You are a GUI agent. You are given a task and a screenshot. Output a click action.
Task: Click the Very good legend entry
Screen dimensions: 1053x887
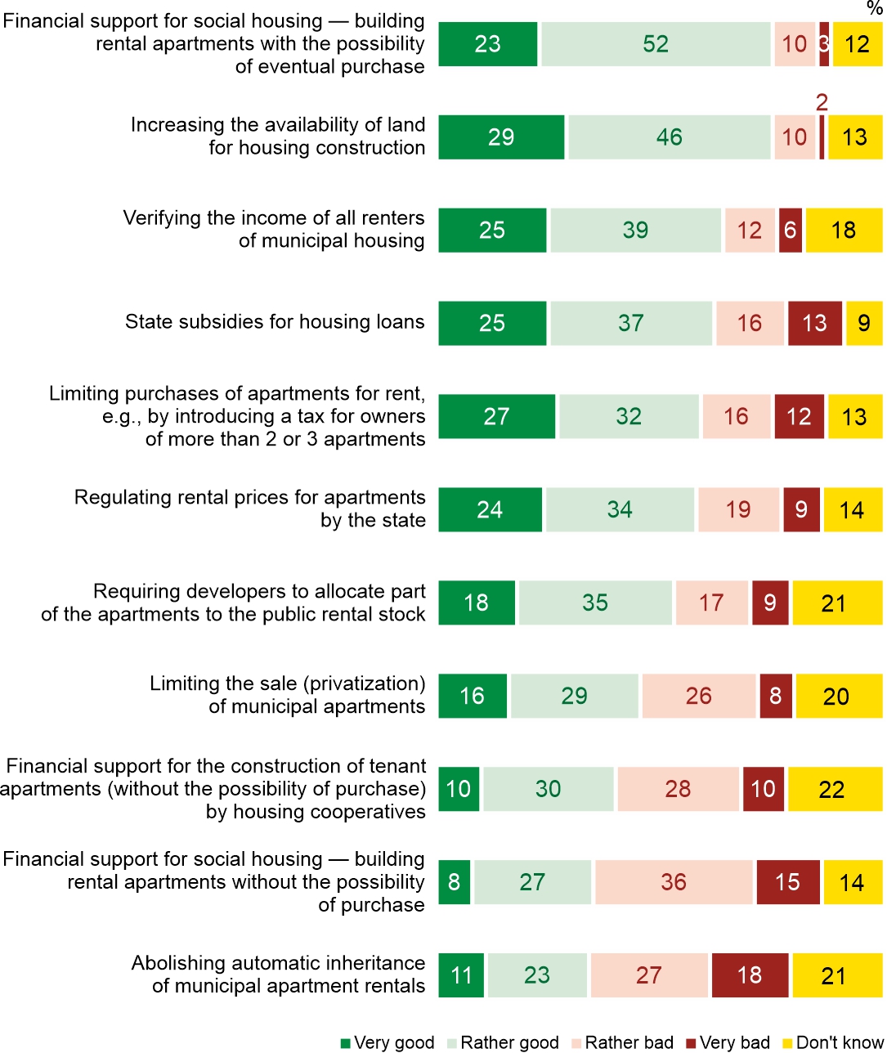388,1042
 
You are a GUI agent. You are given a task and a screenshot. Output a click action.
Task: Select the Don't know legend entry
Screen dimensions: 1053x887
832,1042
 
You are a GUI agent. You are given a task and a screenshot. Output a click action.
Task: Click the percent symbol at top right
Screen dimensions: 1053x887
874,8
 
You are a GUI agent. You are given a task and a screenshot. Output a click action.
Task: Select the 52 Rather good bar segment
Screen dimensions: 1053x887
656,44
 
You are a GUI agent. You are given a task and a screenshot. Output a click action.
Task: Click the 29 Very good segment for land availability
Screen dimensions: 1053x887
501,137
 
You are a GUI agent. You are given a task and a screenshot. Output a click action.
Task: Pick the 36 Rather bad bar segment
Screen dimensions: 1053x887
674,882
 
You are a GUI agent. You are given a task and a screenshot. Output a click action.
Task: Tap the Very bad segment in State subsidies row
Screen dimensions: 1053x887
814,323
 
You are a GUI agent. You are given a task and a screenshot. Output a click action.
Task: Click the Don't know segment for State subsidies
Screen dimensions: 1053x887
864,323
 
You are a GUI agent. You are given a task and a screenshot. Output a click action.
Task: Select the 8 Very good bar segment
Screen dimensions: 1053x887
455,882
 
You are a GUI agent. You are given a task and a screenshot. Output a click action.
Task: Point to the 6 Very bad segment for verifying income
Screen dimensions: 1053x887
790,231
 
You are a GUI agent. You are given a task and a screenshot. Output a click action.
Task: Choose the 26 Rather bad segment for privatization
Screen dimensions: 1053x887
699,696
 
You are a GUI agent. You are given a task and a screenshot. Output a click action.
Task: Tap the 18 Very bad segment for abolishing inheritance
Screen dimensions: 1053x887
750,975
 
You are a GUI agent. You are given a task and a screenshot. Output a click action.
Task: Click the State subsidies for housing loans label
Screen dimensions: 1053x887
275,321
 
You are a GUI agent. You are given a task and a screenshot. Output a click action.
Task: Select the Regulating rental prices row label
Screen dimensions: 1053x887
250,509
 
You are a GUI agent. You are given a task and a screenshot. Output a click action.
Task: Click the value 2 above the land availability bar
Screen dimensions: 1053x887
822,102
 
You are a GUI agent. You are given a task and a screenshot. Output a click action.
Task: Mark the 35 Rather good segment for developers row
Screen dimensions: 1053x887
595,603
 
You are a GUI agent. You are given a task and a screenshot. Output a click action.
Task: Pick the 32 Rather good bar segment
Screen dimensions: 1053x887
629,416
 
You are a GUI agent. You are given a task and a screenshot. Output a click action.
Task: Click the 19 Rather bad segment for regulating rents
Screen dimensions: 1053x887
738,509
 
